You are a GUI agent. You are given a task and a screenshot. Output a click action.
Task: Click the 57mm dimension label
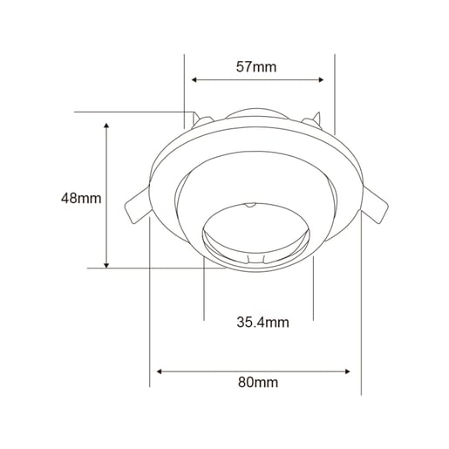pyautogui.click(x=256, y=67)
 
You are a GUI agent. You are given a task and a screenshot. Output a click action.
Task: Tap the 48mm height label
pyautogui.click(x=81, y=198)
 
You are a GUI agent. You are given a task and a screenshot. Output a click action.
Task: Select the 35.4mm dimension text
pyautogui.click(x=262, y=323)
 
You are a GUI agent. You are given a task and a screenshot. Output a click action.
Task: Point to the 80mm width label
pyautogui.click(x=258, y=382)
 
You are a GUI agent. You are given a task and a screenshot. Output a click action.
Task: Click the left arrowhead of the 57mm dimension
pyautogui.click(x=194, y=79)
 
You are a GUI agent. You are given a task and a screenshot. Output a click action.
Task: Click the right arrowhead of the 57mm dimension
pyautogui.click(x=321, y=79)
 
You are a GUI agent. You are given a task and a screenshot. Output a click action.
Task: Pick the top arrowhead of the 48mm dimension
pyautogui.click(x=106, y=126)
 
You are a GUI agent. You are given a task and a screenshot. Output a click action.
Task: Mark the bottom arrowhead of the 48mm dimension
pyautogui.click(x=106, y=265)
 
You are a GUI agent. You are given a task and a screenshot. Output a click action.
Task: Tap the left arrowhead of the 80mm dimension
pyautogui.click(x=159, y=371)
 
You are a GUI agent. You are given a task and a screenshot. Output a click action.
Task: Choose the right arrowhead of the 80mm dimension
pyautogui.click(x=347, y=371)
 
